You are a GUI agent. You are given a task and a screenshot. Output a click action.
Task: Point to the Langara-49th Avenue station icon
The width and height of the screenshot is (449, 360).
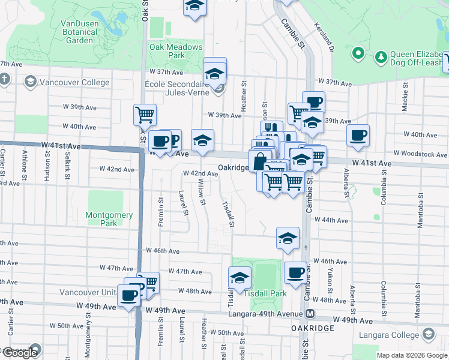click(310, 314)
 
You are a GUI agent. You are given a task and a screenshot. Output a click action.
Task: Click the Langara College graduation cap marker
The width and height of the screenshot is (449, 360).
click(429, 334)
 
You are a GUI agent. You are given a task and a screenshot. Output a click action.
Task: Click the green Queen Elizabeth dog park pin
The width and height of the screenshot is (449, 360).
click(359, 53)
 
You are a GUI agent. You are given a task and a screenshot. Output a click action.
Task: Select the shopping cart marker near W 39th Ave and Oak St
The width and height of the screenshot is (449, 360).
click(144, 114)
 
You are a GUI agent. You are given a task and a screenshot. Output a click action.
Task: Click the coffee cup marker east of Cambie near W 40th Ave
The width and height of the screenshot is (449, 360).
click(358, 135)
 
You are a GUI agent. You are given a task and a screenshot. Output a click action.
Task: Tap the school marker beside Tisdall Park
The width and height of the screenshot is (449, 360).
click(240, 278)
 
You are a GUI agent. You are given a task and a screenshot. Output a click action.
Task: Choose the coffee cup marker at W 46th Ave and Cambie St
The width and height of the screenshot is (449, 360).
click(295, 273)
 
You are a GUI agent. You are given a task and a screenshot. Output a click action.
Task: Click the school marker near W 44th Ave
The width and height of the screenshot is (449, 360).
click(288, 238)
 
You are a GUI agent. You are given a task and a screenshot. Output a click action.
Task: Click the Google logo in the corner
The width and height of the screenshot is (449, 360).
click(20, 353)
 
